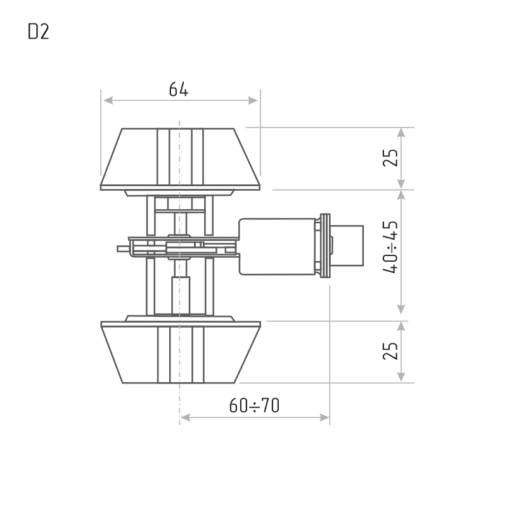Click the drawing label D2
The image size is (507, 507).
point(38,32)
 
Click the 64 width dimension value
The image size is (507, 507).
point(178,89)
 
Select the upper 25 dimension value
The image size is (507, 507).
point(392,158)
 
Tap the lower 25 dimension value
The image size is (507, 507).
point(392,351)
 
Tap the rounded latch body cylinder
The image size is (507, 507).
point(277,247)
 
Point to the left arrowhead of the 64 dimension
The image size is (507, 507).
point(107,100)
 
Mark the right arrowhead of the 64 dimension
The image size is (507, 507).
point(254,100)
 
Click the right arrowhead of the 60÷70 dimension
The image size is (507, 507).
point(325,417)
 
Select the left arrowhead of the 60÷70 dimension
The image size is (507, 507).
point(185,417)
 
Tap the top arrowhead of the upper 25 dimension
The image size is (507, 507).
point(401,132)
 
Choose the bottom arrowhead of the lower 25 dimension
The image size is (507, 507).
point(401,378)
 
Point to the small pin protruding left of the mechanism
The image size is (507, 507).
point(122,250)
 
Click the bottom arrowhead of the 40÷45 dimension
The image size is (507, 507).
point(401,311)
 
